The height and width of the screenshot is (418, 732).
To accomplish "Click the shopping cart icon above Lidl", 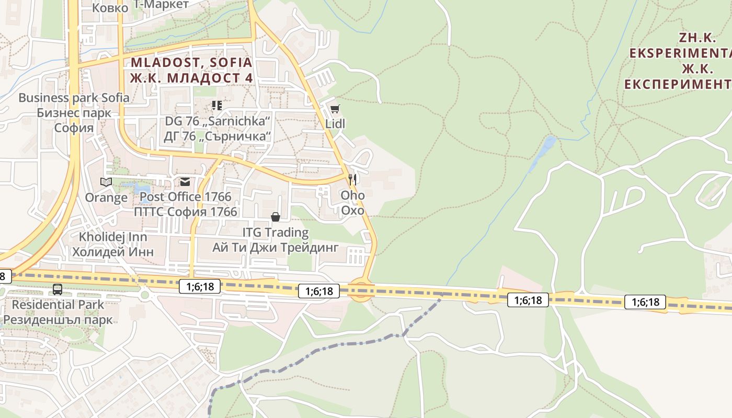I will tap(335, 109).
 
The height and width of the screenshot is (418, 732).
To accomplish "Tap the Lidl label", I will tap(335, 124).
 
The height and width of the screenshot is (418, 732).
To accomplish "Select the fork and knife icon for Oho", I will tap(352, 180).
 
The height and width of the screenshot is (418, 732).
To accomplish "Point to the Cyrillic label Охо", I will tap(352, 211).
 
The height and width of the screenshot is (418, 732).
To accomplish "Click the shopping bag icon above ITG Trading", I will tap(275, 216).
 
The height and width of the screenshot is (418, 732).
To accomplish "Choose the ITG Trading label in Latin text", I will tap(275, 232).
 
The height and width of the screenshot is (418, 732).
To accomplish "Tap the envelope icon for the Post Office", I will tap(185, 182).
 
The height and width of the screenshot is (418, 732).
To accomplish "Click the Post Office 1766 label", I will tap(185, 197).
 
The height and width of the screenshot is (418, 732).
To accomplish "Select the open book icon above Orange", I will tap(106, 182).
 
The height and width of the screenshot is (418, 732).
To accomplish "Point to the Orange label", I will tap(106, 198).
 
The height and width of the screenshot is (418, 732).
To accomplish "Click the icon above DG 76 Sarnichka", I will tap(217, 106).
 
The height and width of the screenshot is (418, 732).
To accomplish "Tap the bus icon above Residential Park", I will tap(58, 289).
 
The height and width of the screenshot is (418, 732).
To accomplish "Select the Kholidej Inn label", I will tap(113, 237).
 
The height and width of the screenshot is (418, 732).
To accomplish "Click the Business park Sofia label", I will tap(74, 98).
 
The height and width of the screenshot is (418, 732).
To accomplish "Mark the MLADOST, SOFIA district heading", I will tap(191, 63).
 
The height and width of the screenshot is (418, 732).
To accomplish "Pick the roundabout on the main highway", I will tap(360, 290).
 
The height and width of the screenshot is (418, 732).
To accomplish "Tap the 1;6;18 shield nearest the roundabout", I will tap(319, 291).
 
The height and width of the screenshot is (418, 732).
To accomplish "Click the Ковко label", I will tap(110, 8).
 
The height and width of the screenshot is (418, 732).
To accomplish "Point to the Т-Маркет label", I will tap(161, 5).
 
